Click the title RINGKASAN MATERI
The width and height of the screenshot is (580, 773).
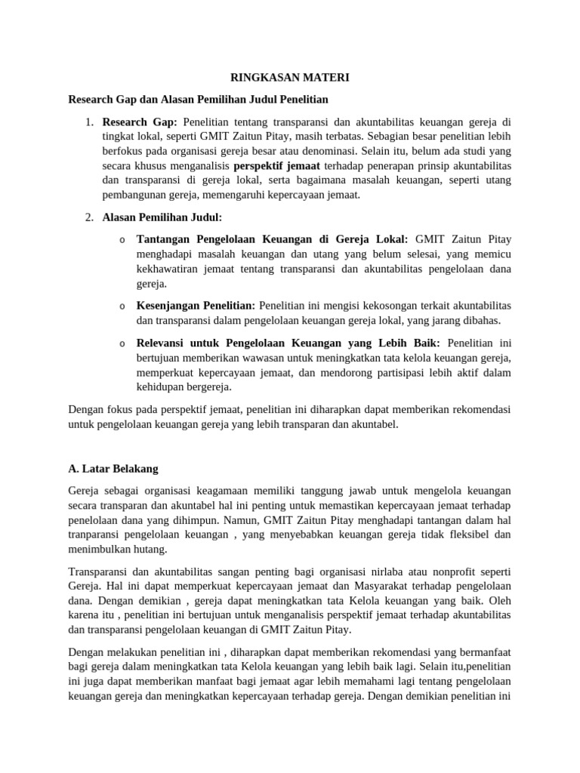pyautogui.click(x=289, y=77)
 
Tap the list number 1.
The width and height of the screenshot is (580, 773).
pyautogui.click(x=88, y=121)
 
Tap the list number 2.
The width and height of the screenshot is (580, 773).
pyautogui.click(x=88, y=217)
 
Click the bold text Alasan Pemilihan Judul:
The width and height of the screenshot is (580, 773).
pyautogui.click(x=162, y=217)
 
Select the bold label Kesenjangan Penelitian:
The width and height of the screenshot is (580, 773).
pyautogui.click(x=196, y=305)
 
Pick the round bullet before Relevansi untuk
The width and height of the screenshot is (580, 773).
pyautogui.click(x=122, y=343)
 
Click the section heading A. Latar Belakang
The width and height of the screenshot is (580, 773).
pyautogui.click(x=113, y=468)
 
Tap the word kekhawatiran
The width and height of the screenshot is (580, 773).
pyautogui.click(x=171, y=269)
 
